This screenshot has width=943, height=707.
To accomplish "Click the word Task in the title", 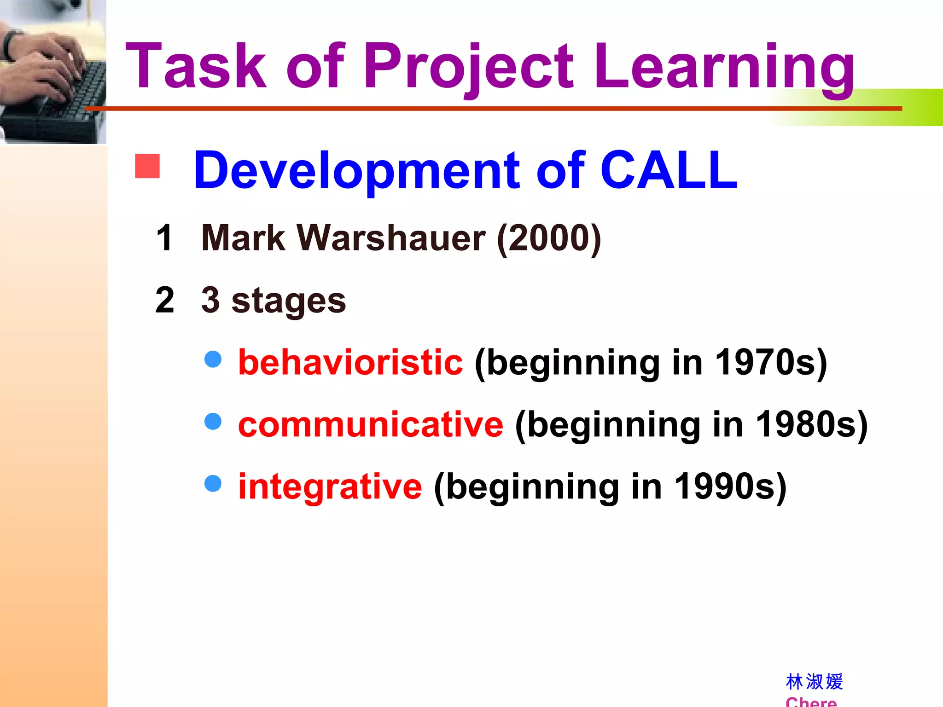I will [196, 66].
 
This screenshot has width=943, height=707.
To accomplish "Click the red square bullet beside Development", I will [147, 166].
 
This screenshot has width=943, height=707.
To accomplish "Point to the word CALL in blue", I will [669, 170].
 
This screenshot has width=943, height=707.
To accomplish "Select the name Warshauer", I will [391, 238].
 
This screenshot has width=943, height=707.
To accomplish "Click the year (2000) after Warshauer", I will [549, 238].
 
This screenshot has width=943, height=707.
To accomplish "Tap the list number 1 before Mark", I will [164, 238].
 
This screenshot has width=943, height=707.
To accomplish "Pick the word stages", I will [288, 301].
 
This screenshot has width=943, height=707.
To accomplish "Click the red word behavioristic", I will [350, 362].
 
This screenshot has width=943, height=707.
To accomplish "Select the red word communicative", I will [371, 424].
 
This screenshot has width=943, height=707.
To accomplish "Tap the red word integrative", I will [330, 487].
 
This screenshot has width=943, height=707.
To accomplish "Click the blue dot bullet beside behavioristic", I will [213, 359].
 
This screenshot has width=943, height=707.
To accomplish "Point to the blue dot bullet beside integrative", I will [213, 483].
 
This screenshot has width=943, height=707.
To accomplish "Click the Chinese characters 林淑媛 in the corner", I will [814, 682].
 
